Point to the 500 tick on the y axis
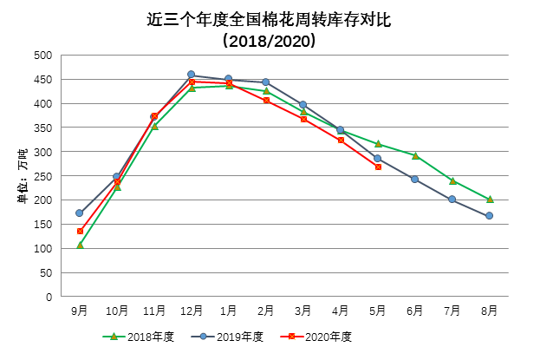pyautogui.click(x=42, y=56)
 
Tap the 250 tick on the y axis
pyautogui.click(x=42, y=176)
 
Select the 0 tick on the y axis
pyautogui.click(x=49, y=297)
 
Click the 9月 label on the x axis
pyautogui.click(x=80, y=310)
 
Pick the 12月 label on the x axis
pyautogui.click(x=192, y=310)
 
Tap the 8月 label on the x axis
pyautogui.click(x=490, y=310)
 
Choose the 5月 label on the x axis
pyautogui.click(x=378, y=310)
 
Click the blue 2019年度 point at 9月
pyautogui.click(x=80, y=213)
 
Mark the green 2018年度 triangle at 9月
pyautogui.click(x=80, y=245)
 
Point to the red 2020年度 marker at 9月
pyautogui.click(x=80, y=231)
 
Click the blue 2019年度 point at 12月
pyautogui.click(x=192, y=75)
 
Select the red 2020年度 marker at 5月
pyautogui.click(x=378, y=167)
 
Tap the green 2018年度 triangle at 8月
pyautogui.click(x=490, y=200)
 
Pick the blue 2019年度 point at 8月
pyautogui.click(x=490, y=216)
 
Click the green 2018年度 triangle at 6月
pyautogui.click(x=415, y=156)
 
